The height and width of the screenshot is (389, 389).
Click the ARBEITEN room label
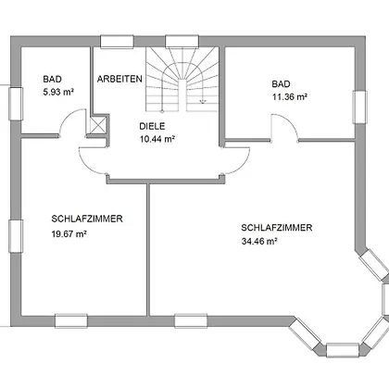pyautogui.click(x=119, y=79)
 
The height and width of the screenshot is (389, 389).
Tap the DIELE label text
pyautogui.click(x=152, y=126)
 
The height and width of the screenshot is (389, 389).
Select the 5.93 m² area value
pyautogui.click(x=58, y=92)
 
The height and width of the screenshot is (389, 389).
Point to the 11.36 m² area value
pyautogui.click(x=290, y=97)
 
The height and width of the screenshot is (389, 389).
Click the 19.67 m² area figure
pyautogui.click(x=69, y=234)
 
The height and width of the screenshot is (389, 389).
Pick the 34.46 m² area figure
pyautogui.click(x=259, y=241)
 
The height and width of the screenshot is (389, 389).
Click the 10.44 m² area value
pyautogui.click(x=157, y=139)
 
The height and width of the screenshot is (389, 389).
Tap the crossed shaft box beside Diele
pyautogui.click(x=97, y=125)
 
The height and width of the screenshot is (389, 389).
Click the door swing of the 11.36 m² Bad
pyautogui.click(x=290, y=122)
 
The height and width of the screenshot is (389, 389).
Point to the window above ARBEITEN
pyautogui.click(x=117, y=42)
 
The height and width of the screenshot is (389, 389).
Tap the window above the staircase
pyautogui.click(x=182, y=42)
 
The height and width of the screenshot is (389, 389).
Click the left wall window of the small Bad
pyautogui.click(x=16, y=104)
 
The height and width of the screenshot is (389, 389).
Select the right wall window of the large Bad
pyautogui.click(x=360, y=107)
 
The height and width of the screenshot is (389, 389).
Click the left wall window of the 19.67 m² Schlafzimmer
pyautogui.click(x=16, y=236)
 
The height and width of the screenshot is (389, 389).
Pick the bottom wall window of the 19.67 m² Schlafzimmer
pyautogui.click(x=71, y=320)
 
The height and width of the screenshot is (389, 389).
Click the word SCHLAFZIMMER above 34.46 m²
pyautogui.click(x=277, y=228)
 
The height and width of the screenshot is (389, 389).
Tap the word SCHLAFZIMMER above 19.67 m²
pyautogui.click(x=87, y=219)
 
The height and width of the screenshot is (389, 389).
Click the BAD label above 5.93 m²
pyautogui.click(x=53, y=79)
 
